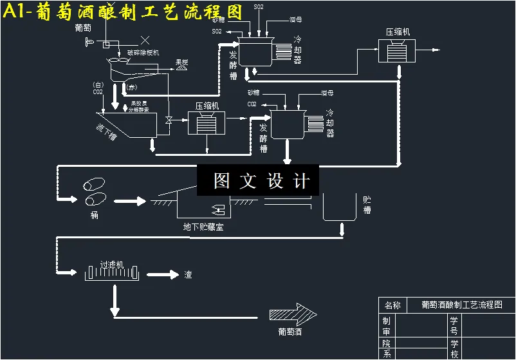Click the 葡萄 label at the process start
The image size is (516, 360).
[83, 28]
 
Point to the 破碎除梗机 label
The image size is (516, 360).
[143, 53]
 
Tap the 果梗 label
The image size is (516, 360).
[182, 62]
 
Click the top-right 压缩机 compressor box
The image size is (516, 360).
[397, 50]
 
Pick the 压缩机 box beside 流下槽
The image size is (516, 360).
[206, 121]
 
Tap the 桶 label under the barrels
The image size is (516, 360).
[95, 215]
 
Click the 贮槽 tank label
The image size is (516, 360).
[367, 205]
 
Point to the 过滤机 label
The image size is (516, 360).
[111, 265]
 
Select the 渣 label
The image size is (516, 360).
[188, 275]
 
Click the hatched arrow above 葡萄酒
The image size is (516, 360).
[293, 314]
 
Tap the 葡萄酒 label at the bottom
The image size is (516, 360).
[290, 332]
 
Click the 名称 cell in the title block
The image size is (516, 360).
[392, 305]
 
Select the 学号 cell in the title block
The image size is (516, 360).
[454, 325]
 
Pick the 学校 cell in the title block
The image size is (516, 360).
[454, 349]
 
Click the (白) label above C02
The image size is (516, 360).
[98, 84]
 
